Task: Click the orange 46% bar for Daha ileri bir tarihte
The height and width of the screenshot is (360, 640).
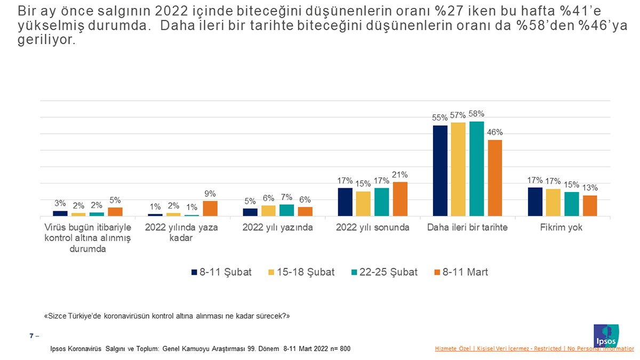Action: coord(495,178)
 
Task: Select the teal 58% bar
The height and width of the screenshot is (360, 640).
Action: coord(477,169)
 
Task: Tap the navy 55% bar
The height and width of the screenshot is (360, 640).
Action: coord(440,171)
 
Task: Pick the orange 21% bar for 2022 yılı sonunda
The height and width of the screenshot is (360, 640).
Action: coord(400,199)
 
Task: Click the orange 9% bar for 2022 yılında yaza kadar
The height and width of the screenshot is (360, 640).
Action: coord(210,209)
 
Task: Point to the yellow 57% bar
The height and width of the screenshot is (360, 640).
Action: coord(458,170)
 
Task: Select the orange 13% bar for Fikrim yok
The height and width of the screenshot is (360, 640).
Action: coord(590,206)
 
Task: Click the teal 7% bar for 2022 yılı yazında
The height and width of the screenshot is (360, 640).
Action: coord(286,210)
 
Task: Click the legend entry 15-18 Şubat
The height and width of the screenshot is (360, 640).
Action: coord(301,272)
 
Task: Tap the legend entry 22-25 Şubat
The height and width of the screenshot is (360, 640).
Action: coord(383,272)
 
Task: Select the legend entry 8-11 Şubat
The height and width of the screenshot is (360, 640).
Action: coord(221,272)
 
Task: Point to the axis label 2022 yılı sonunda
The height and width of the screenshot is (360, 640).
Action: coord(373,228)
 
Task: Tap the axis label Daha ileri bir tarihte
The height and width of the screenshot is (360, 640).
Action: coord(467,228)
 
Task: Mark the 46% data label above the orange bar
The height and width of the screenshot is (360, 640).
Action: coord(495,133)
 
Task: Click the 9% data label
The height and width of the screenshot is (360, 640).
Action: coord(210,194)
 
